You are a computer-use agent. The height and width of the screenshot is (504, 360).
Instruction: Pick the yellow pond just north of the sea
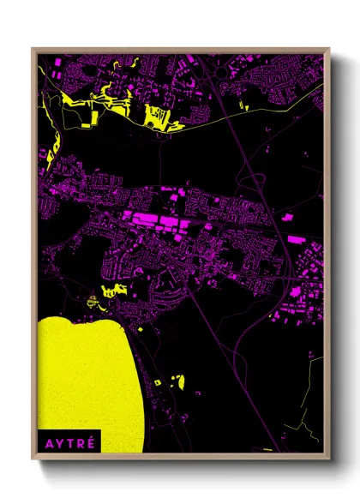109,291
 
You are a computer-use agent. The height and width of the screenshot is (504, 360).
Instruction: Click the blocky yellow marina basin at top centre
159,115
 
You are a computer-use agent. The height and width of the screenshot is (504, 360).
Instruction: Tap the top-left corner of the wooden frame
33,49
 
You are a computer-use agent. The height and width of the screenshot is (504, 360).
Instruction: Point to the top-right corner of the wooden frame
329,49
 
